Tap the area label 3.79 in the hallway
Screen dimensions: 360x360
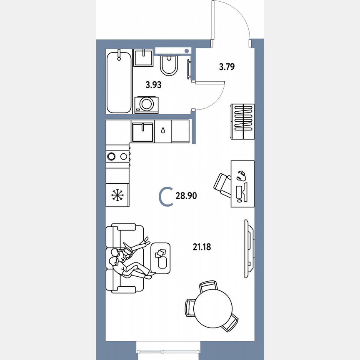(227, 66)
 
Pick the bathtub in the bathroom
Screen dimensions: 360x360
(119, 81)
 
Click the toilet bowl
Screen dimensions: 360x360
(169, 66)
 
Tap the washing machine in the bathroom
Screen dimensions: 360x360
(146, 104)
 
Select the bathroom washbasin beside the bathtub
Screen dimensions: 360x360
(144, 57)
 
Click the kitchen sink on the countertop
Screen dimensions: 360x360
(142, 131)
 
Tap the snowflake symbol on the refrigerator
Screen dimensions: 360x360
(117, 195)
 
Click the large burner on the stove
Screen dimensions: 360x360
(112, 157)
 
